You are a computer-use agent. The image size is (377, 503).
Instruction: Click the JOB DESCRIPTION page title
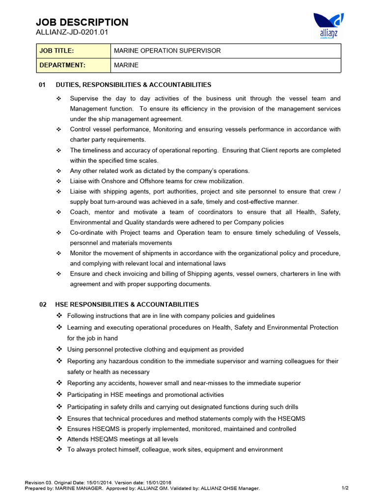click(82, 22)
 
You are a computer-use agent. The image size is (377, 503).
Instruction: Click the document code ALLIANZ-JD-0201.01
click(72, 32)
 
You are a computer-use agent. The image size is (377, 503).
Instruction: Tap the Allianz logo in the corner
click(328, 26)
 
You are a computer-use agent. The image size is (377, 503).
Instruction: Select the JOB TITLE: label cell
click(74, 51)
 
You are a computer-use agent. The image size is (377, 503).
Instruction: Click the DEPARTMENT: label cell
click(74, 65)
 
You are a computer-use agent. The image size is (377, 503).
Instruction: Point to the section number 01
click(42, 85)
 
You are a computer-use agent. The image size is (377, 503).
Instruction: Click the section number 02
click(43, 305)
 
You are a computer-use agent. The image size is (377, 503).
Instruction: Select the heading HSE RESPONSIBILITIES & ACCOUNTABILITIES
click(127, 305)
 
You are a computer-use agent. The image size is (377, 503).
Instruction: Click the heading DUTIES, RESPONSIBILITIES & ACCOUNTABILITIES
click(134, 85)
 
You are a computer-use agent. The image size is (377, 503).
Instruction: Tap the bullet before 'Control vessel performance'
click(59, 130)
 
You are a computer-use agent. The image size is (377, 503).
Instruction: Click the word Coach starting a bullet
click(80, 212)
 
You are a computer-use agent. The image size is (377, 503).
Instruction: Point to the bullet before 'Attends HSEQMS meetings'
click(59, 439)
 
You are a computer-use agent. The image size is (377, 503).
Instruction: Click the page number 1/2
click(345, 488)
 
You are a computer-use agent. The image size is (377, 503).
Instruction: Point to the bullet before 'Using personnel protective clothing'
click(59, 349)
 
